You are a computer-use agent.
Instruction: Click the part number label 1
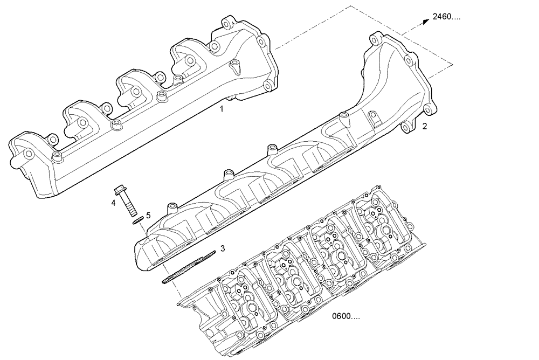pos(221,109)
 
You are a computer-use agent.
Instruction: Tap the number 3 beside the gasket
pos(222,248)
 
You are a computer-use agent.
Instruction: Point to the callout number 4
pos(113,203)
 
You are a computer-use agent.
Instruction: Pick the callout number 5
pos(148,215)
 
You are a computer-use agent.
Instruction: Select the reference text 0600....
pos(345,316)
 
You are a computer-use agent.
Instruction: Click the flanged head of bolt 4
pos(120,191)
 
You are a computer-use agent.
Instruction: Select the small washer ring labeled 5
pos(137,219)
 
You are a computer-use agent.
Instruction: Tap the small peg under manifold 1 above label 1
pos(230,98)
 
